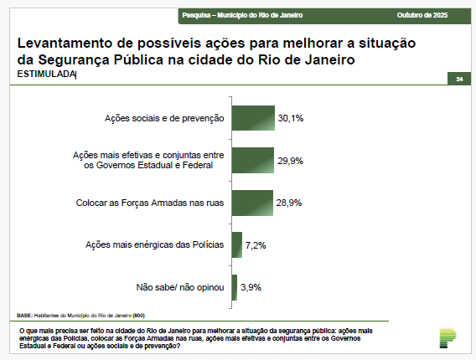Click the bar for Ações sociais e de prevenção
(253, 118)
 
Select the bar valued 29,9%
(253, 160)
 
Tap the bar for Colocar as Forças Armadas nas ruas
(252, 203)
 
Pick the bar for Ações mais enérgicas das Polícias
(236, 244)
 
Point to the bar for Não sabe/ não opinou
(235, 287)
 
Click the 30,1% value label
(291, 118)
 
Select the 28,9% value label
(289, 203)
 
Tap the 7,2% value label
(256, 244)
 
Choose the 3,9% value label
(251, 287)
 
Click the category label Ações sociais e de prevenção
(165, 119)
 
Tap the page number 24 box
(458, 79)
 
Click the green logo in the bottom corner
(448, 337)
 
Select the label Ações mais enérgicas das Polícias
(155, 244)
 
